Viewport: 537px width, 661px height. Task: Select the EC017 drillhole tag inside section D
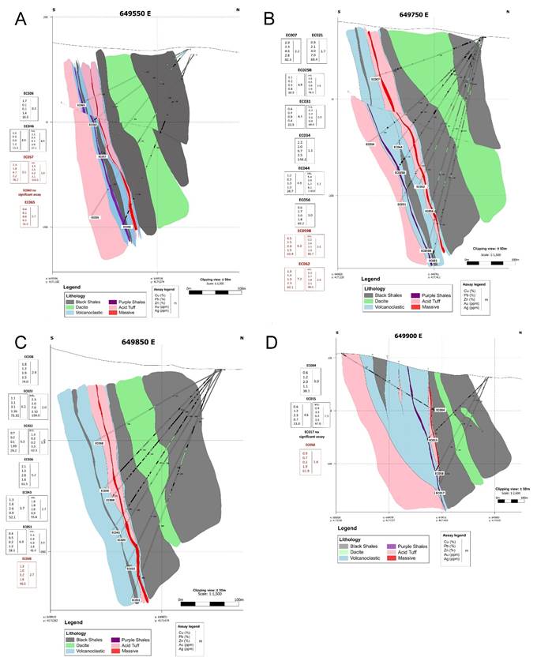[x=440, y=493]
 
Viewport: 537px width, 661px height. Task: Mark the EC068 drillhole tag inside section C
[x=110, y=501]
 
